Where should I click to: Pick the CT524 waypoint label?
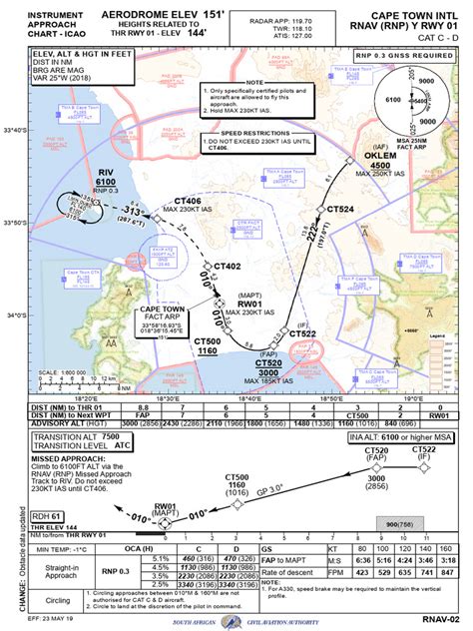(340, 209)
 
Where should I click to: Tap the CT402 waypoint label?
(229, 267)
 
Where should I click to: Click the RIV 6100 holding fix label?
(107, 177)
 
